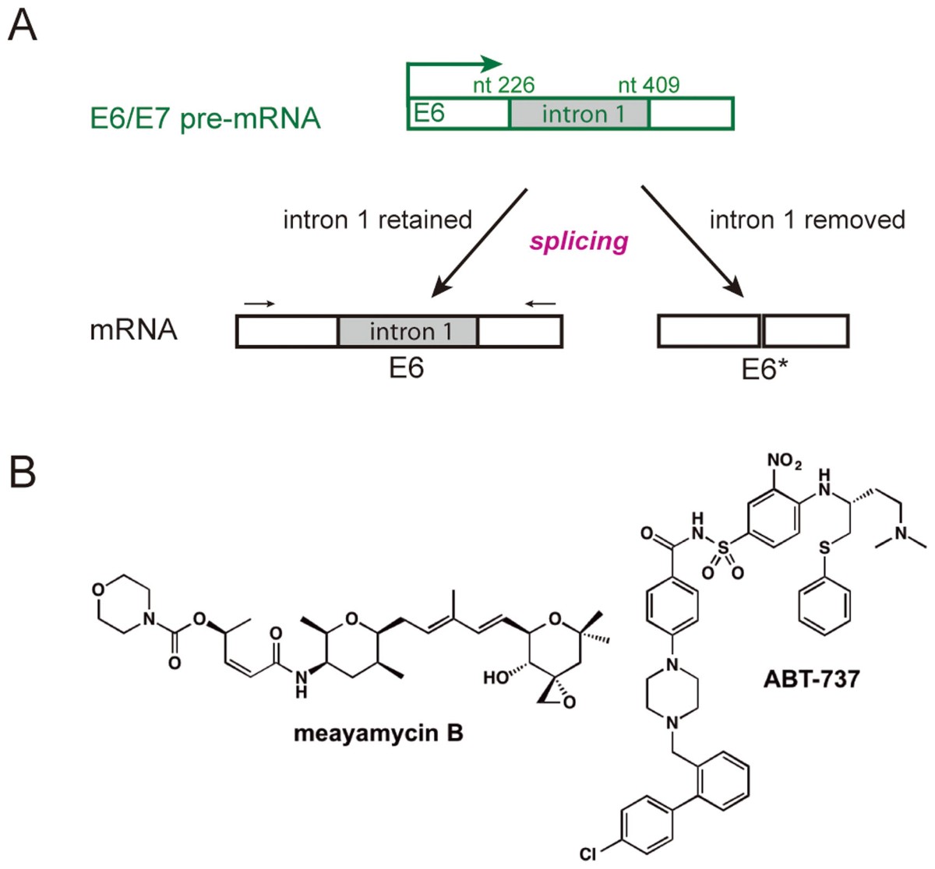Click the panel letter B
[23, 473]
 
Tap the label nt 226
[503, 85]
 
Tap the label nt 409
[648, 85]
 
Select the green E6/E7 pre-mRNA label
[205, 119]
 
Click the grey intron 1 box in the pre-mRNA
[578, 114]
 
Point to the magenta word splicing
[579, 241]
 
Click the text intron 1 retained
[377, 220]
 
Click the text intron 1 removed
[807, 220]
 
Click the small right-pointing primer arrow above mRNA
[259, 303]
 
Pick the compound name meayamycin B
[379, 734]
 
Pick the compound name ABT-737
[811, 679]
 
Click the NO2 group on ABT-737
[784, 462]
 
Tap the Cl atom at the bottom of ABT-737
[589, 854]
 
